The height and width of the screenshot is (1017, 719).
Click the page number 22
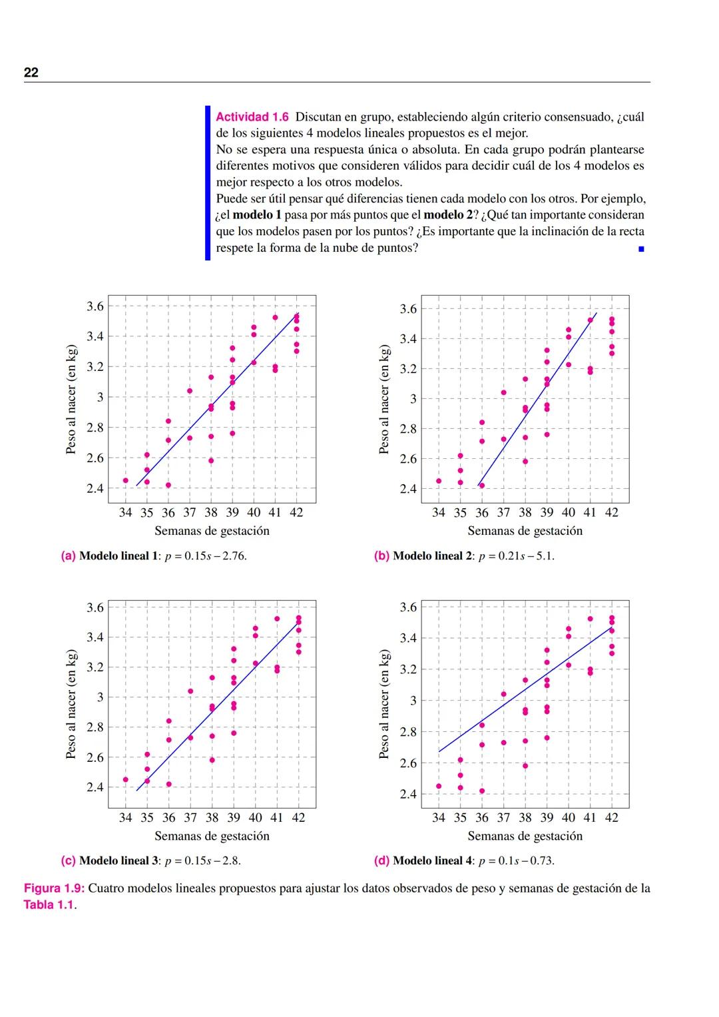tap(31, 73)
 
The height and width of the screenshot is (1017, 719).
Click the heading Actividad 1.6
tap(252, 117)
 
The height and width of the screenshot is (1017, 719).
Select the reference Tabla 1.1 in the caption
tap(49, 905)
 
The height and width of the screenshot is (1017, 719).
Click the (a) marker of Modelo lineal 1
tap(68, 556)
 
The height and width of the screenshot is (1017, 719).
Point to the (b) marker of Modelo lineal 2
tap(381, 556)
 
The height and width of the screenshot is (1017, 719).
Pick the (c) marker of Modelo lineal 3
tap(68, 860)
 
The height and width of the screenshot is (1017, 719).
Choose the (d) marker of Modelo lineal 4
tap(381, 860)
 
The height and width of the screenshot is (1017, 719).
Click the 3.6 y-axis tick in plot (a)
tap(95, 306)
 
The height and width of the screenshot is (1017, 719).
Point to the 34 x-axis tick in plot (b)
tap(439, 513)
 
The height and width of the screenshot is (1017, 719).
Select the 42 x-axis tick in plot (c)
tap(298, 817)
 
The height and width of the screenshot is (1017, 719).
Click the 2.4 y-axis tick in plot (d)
tap(408, 794)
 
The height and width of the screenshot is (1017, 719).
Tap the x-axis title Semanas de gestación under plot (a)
tap(212, 531)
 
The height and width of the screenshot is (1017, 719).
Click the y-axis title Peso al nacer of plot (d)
tap(384, 704)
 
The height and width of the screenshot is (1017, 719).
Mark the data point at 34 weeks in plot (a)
tap(126, 480)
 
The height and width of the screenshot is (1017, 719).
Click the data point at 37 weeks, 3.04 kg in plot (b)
tap(503, 392)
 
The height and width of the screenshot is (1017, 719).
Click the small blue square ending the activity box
tap(641, 249)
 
